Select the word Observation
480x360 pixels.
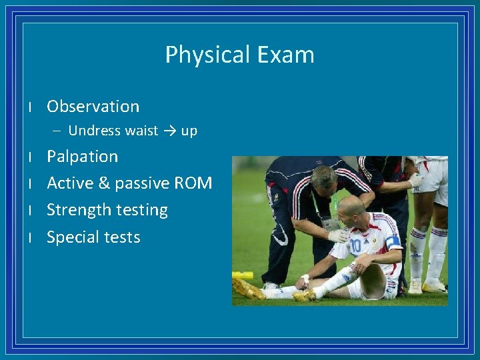coord(93,107)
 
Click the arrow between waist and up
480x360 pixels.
coord(169,131)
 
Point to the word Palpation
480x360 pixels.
coord(82,157)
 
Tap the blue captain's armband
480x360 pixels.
coord(393,243)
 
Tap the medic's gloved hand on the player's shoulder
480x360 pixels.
coord(338,235)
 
